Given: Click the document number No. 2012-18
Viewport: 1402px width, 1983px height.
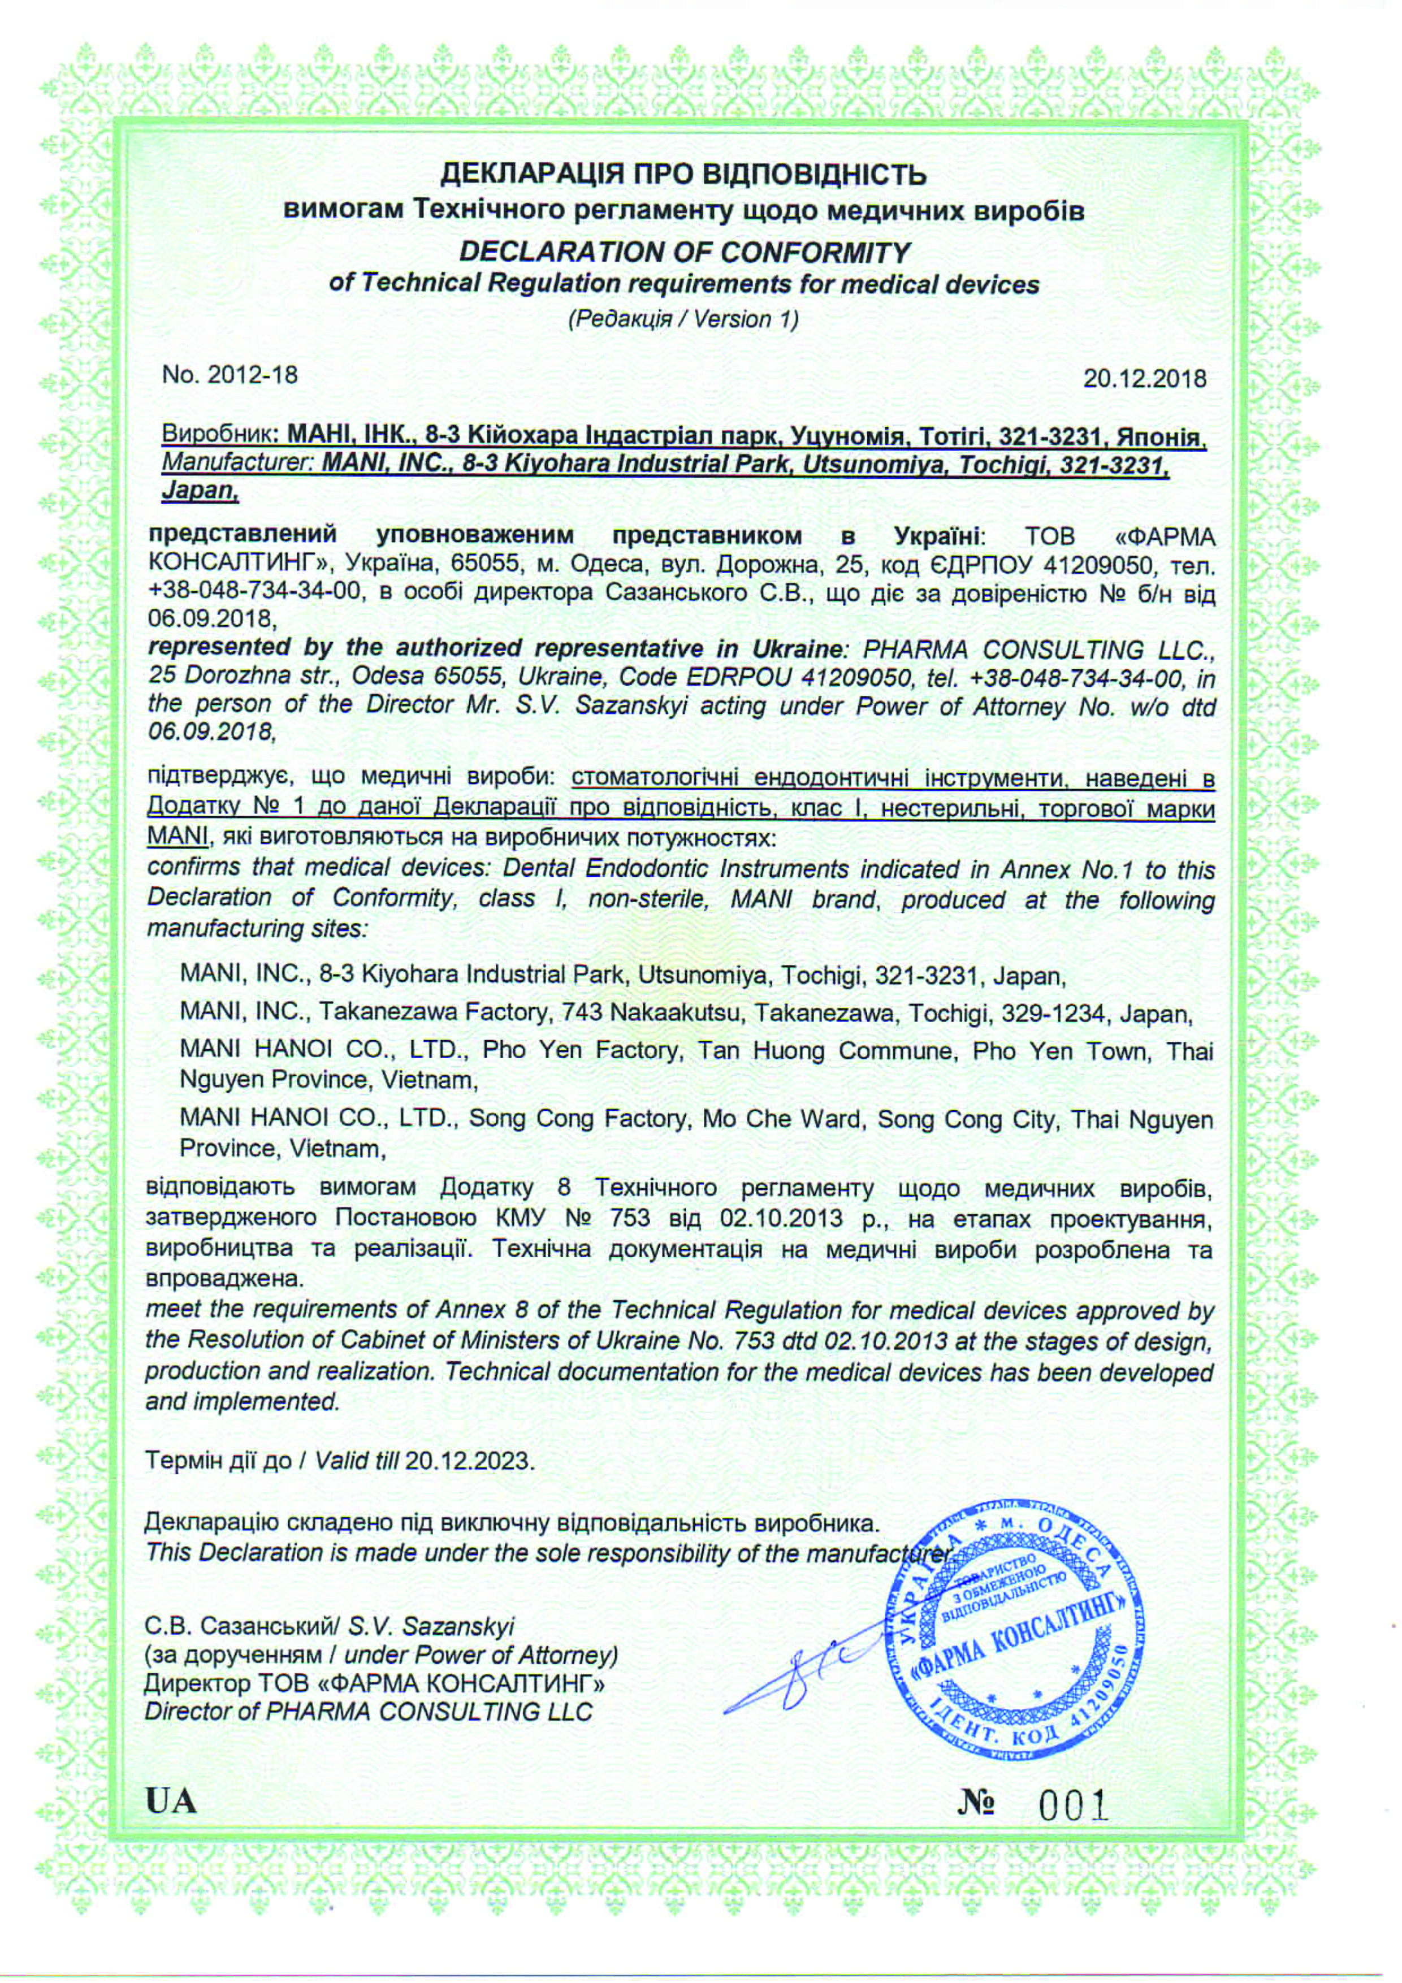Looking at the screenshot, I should pyautogui.click(x=230, y=375).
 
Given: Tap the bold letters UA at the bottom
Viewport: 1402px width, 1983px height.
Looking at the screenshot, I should pyautogui.click(x=171, y=1802).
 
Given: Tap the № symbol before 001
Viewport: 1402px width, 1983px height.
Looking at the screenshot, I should pyautogui.click(x=976, y=1803).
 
